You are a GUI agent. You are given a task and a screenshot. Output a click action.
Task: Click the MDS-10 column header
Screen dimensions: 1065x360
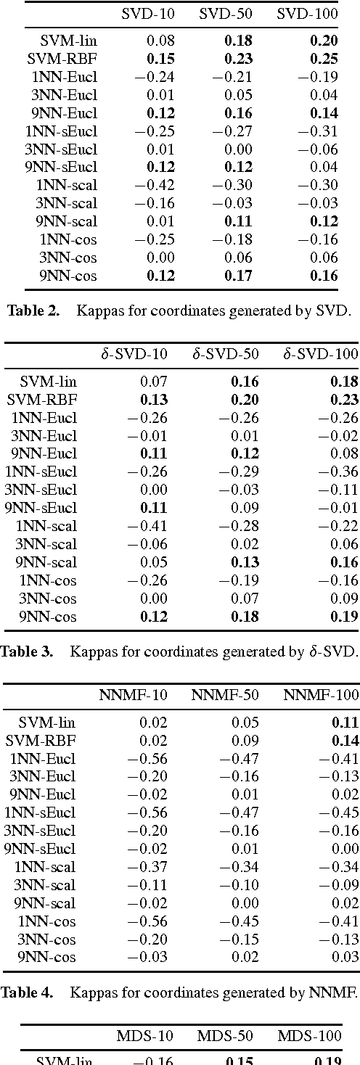click(140, 1035)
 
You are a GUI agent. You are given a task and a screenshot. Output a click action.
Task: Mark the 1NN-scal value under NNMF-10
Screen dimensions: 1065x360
click(152, 867)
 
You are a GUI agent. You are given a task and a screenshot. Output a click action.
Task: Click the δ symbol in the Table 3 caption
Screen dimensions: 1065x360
click(306, 651)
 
